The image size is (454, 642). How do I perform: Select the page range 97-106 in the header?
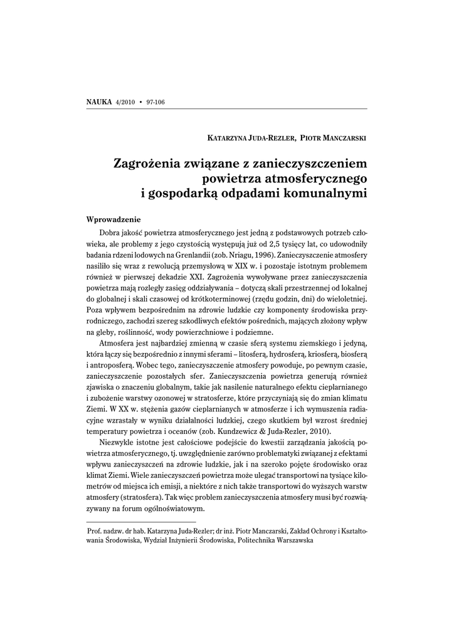tap(155, 102)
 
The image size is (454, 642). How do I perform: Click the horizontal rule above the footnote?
tap(141, 522)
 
